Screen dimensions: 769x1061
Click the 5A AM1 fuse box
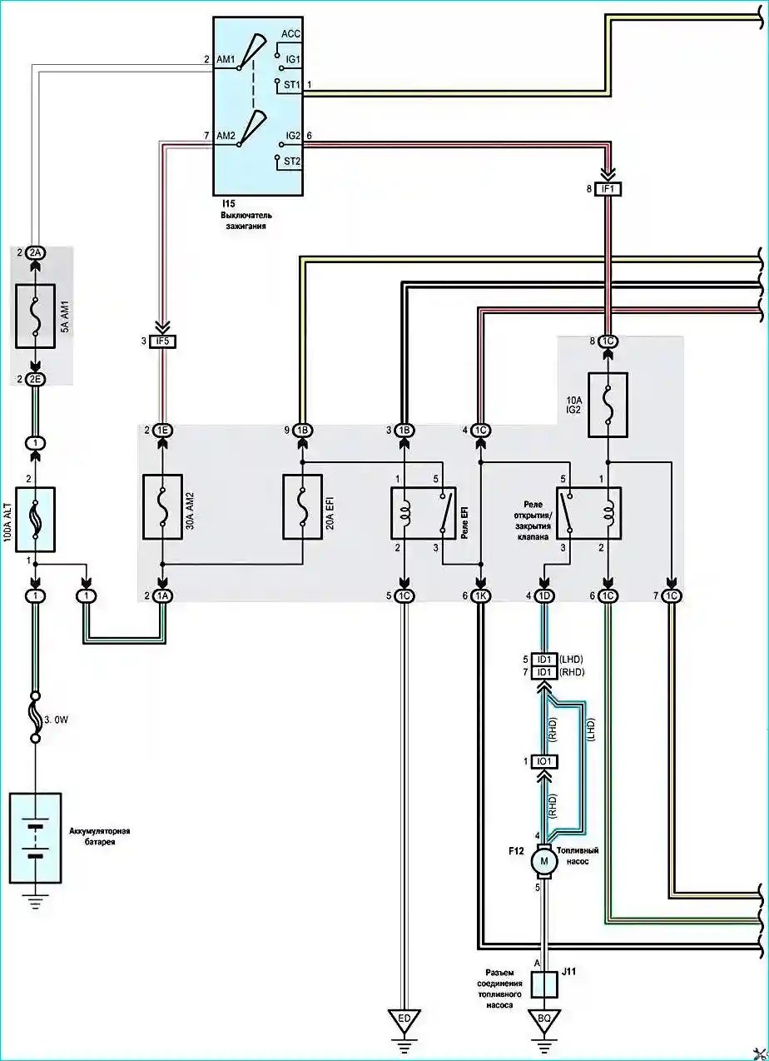tap(35, 316)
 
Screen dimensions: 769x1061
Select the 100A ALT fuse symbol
tap(36, 520)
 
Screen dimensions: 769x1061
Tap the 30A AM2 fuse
tap(162, 507)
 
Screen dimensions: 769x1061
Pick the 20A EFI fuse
tap(303, 507)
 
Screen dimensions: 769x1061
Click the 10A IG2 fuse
tap(608, 405)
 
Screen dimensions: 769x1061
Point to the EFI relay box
tap(424, 513)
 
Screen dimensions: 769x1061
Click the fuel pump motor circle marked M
tap(544, 860)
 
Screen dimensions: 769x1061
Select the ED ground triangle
tap(404, 1019)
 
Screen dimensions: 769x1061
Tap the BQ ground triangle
tap(544, 1019)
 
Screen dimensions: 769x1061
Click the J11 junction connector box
tap(544, 984)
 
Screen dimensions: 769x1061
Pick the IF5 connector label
tap(162, 341)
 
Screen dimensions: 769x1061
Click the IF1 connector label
tap(608, 189)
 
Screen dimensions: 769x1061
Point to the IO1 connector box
tap(544, 762)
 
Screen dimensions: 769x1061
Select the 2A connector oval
tap(36, 253)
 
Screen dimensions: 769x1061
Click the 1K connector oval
tap(481, 595)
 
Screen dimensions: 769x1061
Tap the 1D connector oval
tap(544, 595)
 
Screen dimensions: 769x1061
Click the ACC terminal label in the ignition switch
tap(290, 34)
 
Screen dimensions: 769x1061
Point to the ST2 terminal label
tap(292, 162)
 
